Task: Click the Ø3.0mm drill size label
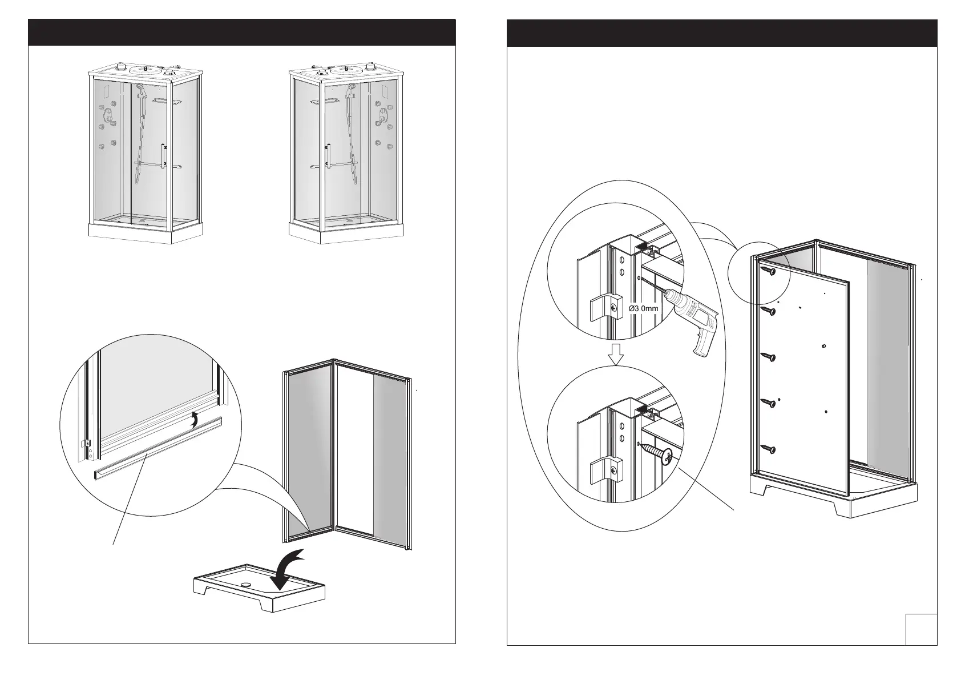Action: (643, 308)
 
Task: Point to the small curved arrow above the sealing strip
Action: (195, 420)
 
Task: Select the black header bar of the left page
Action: (241, 32)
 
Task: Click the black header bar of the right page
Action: (722, 32)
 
